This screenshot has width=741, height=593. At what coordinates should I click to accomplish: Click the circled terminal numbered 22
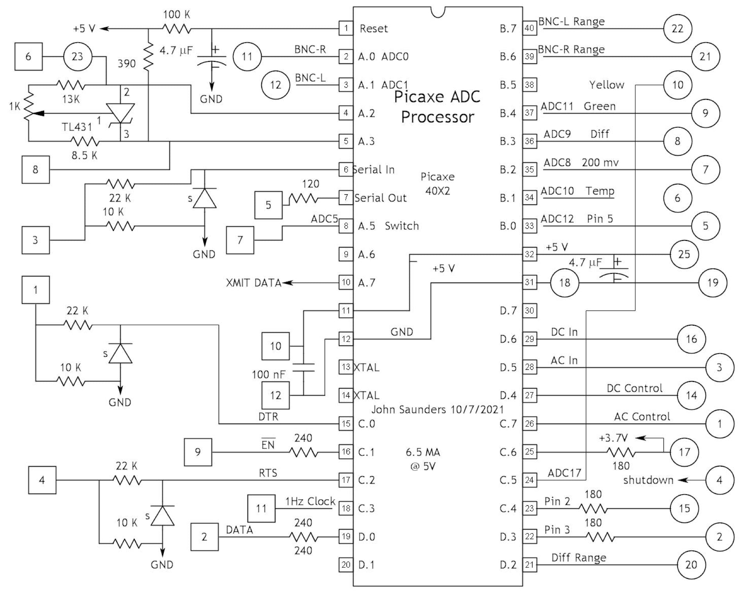click(x=677, y=29)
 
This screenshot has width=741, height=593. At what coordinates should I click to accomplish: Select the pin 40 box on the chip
click(x=529, y=28)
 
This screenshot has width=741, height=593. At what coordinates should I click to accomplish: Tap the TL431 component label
click(x=77, y=127)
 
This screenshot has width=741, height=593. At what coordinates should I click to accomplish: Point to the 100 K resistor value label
click(x=176, y=15)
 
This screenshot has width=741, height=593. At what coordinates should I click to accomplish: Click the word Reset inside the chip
click(x=374, y=29)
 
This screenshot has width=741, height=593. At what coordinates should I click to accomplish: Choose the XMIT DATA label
click(x=254, y=283)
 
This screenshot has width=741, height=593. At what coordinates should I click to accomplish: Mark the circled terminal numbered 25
click(x=684, y=254)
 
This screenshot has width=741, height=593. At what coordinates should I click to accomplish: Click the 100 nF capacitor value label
click(x=268, y=375)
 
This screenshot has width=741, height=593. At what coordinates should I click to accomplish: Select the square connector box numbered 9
click(x=198, y=452)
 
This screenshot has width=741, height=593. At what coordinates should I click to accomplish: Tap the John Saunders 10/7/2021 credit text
click(x=437, y=409)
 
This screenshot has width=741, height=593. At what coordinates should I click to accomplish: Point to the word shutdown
click(x=648, y=480)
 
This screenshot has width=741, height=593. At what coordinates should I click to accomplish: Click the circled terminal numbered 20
click(x=691, y=564)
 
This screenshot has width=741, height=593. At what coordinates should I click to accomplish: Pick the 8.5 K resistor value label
click(x=84, y=155)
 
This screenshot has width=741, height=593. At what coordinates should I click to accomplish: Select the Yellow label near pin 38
click(x=607, y=85)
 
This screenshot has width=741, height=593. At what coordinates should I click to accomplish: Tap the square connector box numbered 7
click(x=240, y=240)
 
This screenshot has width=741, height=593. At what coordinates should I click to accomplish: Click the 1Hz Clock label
click(x=310, y=501)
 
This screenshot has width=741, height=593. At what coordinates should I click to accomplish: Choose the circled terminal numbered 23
click(x=77, y=57)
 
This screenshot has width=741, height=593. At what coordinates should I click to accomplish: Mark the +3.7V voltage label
click(x=613, y=438)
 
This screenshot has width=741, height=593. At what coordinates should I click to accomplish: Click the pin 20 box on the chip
click(x=346, y=564)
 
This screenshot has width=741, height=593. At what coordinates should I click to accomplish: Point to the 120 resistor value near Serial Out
click(x=310, y=184)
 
